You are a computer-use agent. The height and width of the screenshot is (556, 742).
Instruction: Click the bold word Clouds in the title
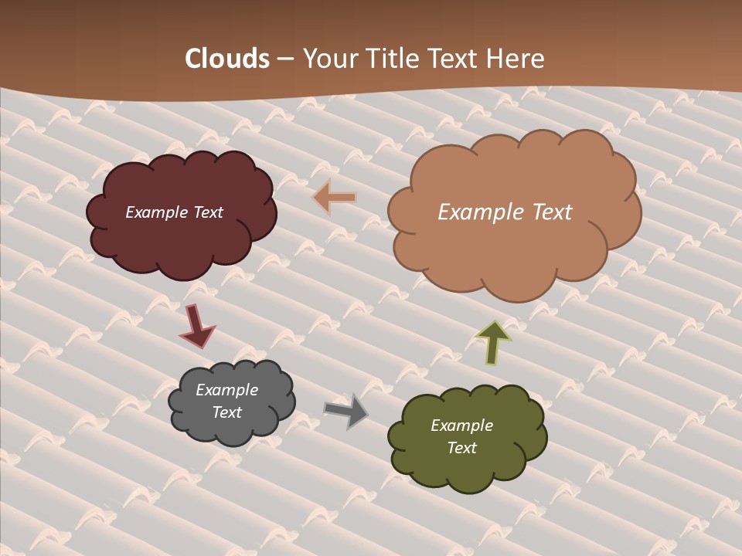click(x=227, y=59)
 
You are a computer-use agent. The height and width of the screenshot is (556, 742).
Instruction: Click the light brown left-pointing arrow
click(x=335, y=198)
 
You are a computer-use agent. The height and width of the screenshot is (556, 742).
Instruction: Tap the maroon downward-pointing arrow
click(x=196, y=325)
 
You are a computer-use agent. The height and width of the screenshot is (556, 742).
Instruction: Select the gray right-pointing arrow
click(x=345, y=411)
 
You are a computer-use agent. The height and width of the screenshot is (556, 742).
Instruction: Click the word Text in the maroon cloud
click(x=209, y=212)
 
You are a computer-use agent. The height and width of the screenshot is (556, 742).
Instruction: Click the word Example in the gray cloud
click(x=227, y=390)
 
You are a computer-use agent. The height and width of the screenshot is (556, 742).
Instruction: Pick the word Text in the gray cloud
click(x=227, y=412)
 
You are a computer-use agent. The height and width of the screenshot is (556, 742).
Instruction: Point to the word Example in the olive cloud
click(x=461, y=425)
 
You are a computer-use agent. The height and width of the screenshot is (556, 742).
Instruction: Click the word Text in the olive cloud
click(x=461, y=448)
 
